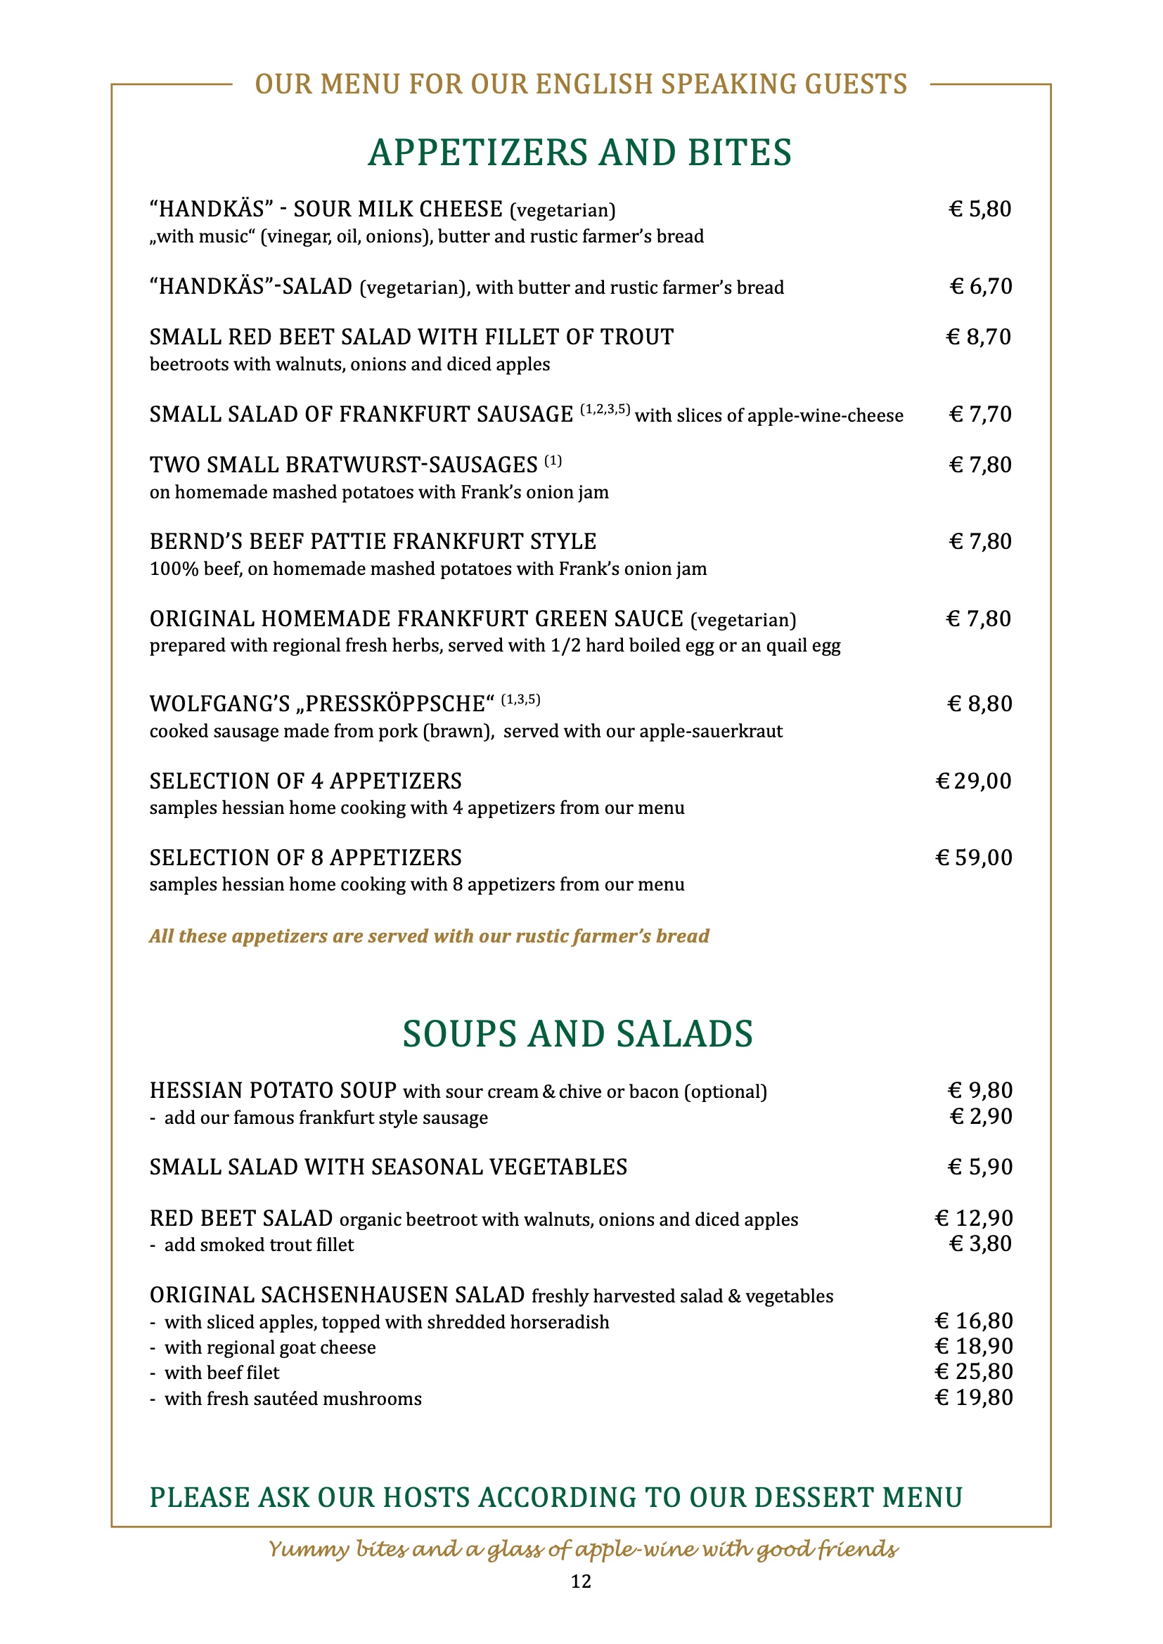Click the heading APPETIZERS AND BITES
click(580, 153)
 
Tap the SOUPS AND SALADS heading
click(578, 1034)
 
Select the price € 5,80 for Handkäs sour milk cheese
click(979, 209)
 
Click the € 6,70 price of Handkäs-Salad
click(980, 286)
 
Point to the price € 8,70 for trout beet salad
click(979, 337)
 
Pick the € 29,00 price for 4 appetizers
click(974, 780)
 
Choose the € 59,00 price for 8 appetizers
click(974, 857)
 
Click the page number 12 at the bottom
click(581, 1581)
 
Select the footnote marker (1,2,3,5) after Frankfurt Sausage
click(605, 410)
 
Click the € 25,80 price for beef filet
click(974, 1371)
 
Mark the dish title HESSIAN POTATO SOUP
click(273, 1091)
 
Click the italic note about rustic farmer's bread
click(429, 936)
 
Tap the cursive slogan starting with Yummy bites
click(583, 1549)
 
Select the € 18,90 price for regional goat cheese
click(974, 1346)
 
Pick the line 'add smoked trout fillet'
click(259, 1245)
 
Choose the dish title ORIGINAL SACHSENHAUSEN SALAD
click(338, 1295)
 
